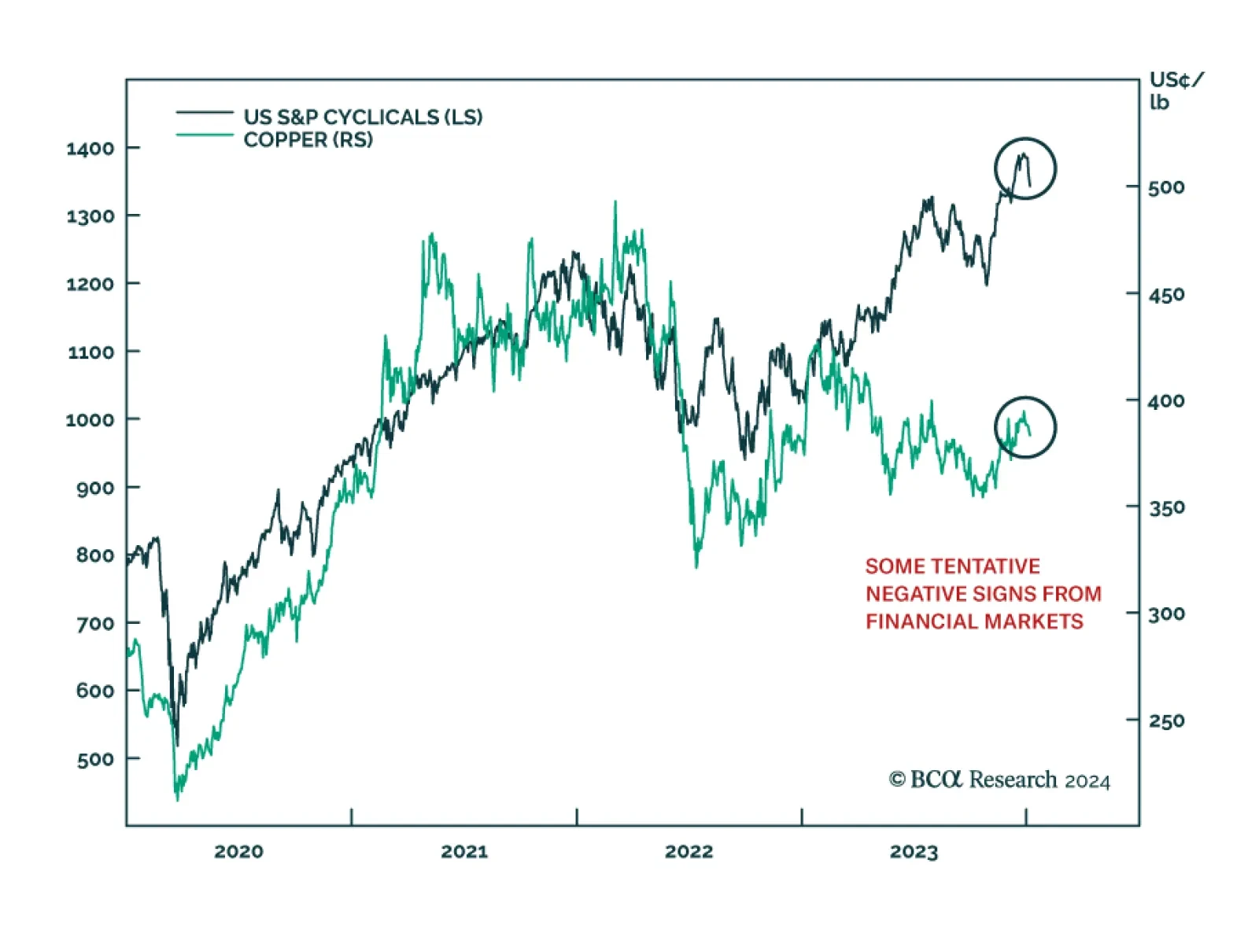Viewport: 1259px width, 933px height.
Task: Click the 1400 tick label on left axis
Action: point(90,148)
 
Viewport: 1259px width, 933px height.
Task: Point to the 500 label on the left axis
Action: point(95,759)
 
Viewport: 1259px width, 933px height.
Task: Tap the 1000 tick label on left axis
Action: point(90,419)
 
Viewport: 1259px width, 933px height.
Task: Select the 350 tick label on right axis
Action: point(1166,507)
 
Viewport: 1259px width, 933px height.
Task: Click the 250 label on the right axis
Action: point(1166,721)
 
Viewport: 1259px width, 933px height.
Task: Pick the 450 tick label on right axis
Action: point(1166,295)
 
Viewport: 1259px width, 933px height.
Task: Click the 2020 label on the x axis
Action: point(238,851)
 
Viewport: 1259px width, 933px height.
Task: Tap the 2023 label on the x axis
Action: point(914,852)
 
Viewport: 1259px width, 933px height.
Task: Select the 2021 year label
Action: point(463,851)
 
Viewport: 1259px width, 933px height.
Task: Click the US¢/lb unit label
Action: point(1176,90)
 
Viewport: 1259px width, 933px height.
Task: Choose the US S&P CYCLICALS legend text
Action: point(363,117)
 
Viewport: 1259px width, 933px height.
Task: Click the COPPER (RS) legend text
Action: point(308,140)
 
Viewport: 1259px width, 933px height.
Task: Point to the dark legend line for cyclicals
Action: point(205,113)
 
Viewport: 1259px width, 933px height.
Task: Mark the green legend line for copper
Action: point(205,135)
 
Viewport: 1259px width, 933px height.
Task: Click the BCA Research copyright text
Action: point(999,780)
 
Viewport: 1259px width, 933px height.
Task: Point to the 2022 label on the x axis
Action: point(689,851)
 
